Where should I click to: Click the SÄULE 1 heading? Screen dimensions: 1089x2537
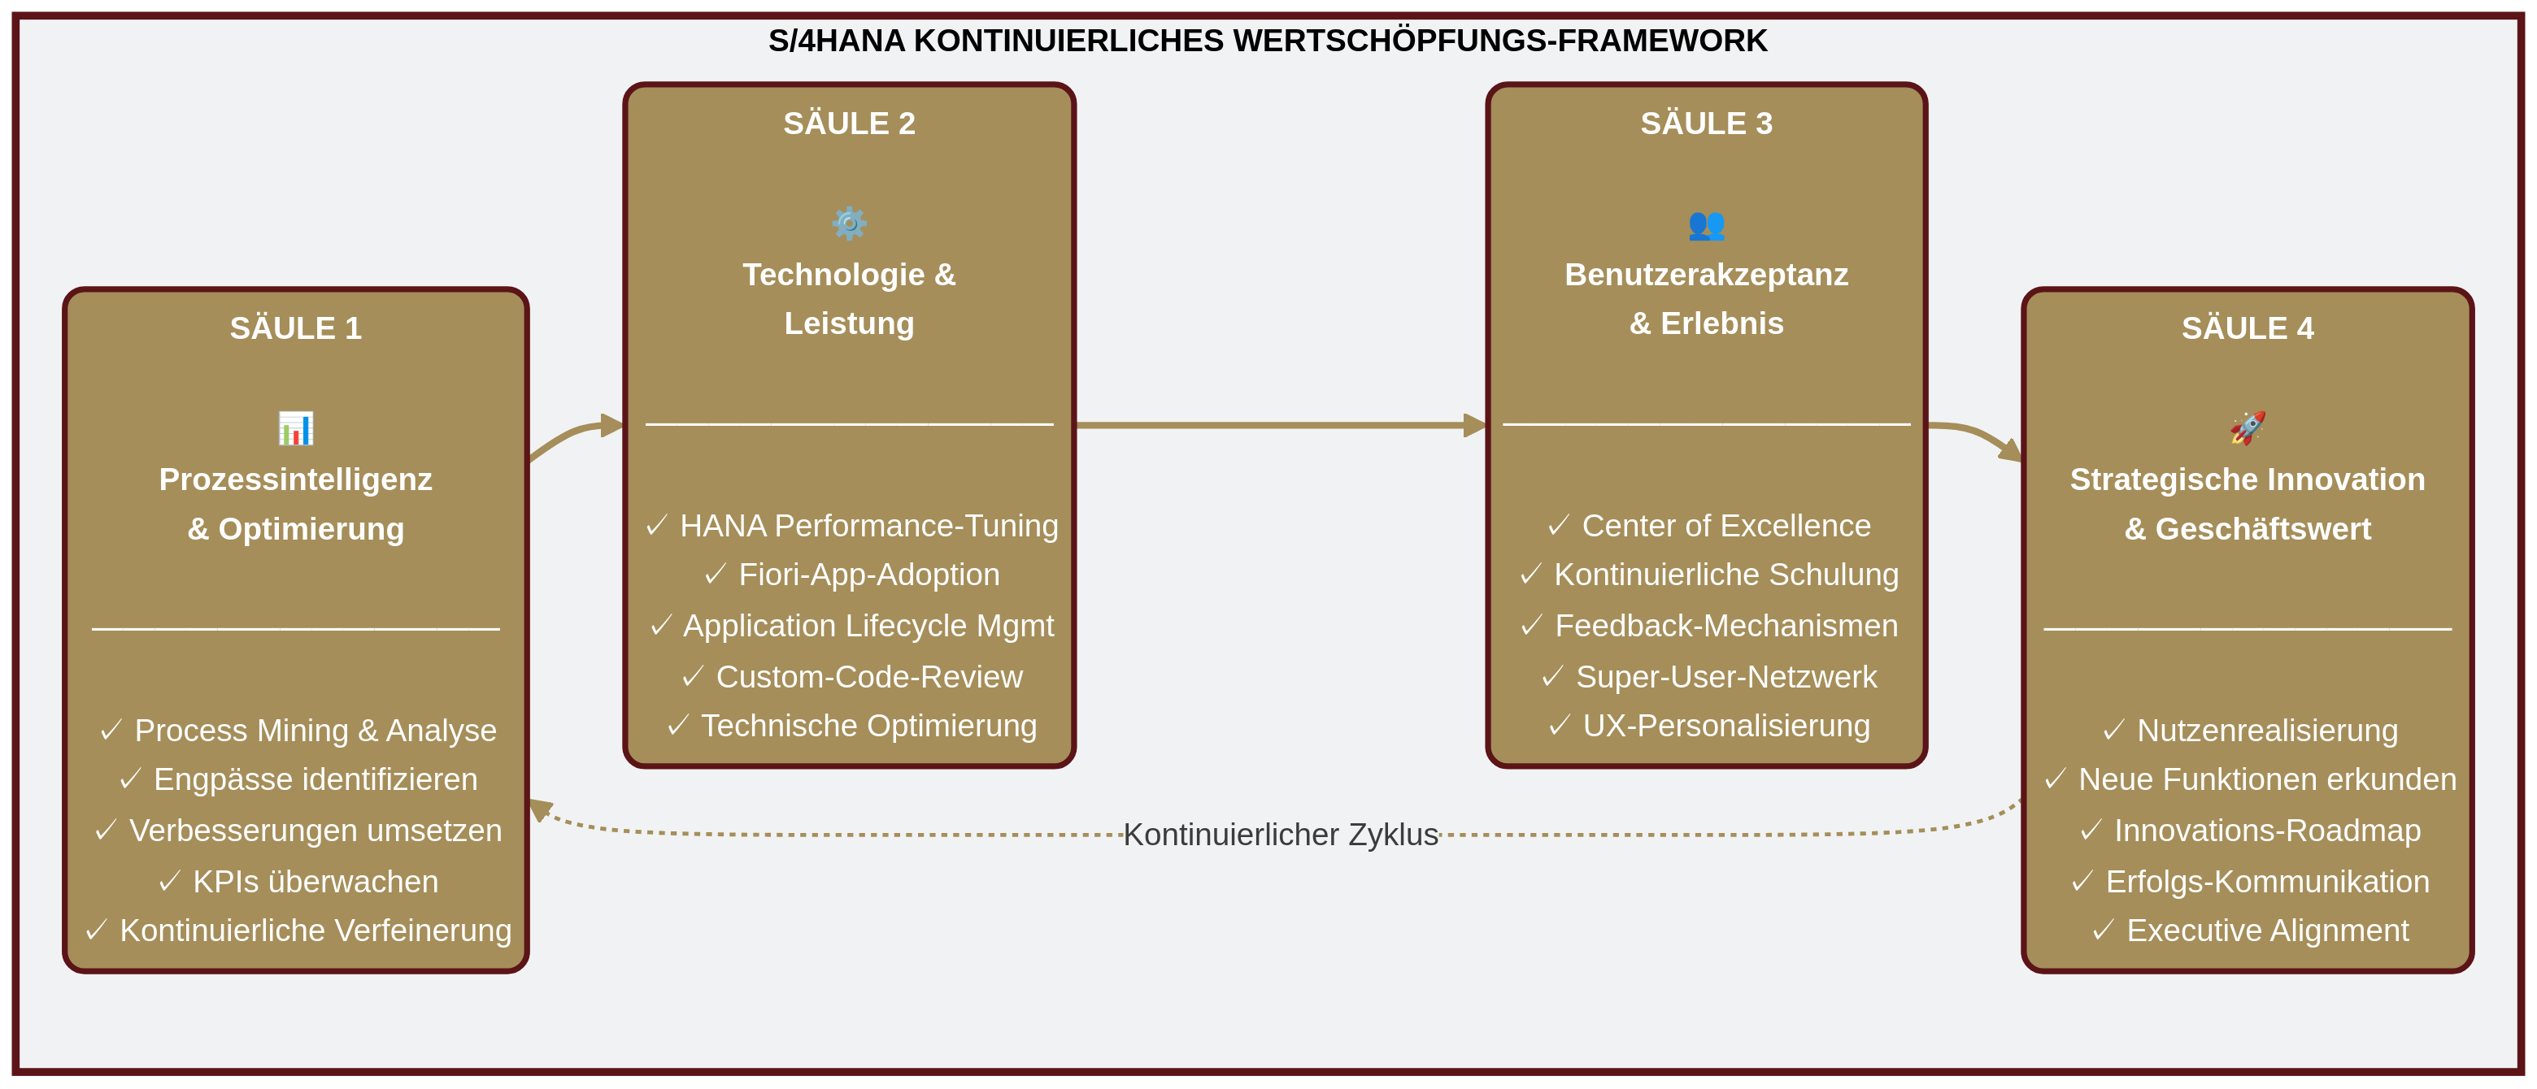pyautogui.click(x=295, y=328)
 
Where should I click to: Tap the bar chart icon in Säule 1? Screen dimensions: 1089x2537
pyautogui.click(x=295, y=428)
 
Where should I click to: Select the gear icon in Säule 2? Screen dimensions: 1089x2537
pyautogui.click(x=849, y=223)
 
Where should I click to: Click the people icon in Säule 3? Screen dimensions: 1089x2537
pyautogui.click(x=1706, y=224)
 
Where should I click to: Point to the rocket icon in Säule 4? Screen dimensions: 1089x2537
pyautogui.click(x=2248, y=428)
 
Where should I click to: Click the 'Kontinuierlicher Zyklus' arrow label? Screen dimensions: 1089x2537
pyautogui.click(x=1281, y=834)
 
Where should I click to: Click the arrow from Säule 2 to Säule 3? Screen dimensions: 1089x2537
pyautogui.click(x=1281, y=425)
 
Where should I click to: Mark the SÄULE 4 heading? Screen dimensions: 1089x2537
pyautogui.click(x=2248, y=328)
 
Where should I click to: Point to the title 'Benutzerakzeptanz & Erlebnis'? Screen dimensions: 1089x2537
pyautogui.click(x=1706, y=298)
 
